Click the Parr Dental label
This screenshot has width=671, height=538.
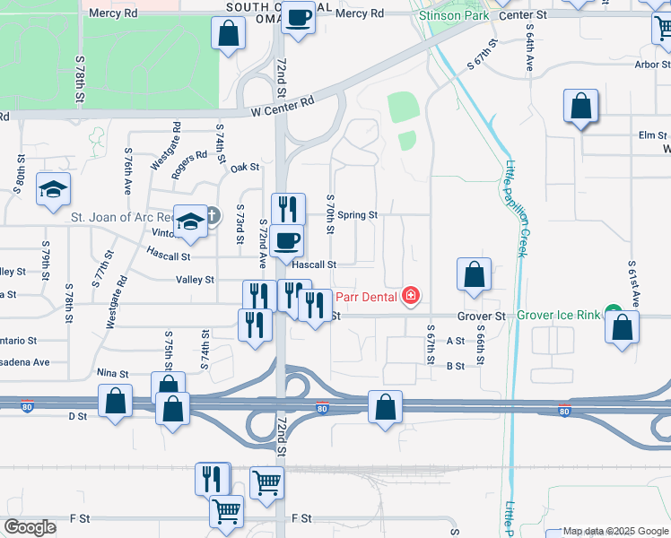point(368,293)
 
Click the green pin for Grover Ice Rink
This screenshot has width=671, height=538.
point(614,315)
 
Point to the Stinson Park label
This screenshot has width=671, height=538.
point(451,14)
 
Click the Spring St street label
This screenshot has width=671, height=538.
point(358,215)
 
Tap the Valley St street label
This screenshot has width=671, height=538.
point(195,280)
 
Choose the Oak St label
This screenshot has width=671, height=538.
point(245,168)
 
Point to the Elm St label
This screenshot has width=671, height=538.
point(648,135)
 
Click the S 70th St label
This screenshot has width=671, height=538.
point(330,215)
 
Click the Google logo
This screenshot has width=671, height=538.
point(31,527)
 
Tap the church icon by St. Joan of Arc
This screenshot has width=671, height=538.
point(212,215)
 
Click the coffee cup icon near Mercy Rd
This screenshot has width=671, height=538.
point(298,16)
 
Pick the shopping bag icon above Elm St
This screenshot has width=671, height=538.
point(581,106)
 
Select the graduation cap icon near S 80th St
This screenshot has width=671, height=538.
point(54,188)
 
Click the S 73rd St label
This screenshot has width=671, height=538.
point(240,223)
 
